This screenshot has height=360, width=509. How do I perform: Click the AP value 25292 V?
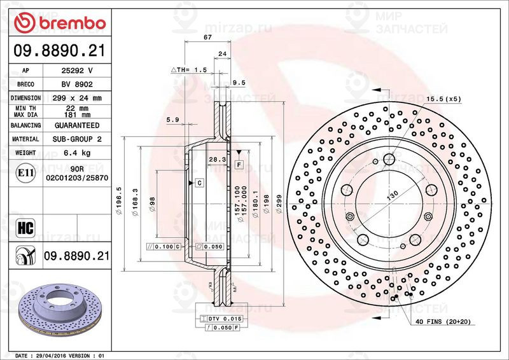tap(76, 71)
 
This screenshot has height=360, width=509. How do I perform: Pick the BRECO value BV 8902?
tap(76, 84)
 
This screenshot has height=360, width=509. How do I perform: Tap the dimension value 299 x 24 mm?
tap(76, 98)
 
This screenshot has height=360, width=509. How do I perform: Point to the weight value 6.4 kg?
tap(76, 153)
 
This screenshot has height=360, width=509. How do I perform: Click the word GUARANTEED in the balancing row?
tap(76, 125)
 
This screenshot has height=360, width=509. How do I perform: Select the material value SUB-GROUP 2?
tap(76, 139)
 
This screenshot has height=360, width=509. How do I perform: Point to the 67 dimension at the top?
tap(207, 38)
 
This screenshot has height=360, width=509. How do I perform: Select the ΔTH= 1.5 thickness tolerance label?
tap(189, 69)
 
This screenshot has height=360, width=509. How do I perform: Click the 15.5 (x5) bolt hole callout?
tap(443, 99)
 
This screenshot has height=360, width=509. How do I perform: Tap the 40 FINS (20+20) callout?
tap(443, 322)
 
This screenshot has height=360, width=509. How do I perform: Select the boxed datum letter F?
tap(239, 164)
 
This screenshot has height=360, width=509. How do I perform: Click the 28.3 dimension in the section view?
tap(218, 160)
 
